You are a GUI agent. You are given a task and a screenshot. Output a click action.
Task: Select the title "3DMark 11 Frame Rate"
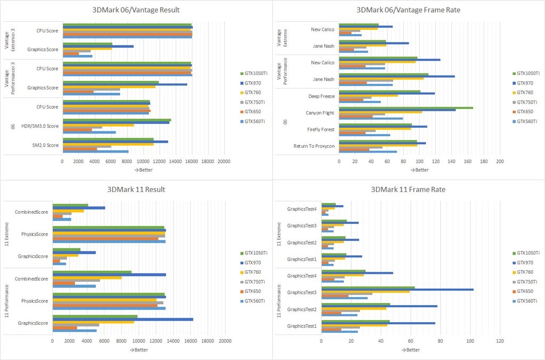408,189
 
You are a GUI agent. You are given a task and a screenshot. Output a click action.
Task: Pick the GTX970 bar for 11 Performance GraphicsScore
122,320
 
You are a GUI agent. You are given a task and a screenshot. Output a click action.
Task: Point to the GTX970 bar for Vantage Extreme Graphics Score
98,47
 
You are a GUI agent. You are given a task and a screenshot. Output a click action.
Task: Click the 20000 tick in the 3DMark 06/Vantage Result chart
224,162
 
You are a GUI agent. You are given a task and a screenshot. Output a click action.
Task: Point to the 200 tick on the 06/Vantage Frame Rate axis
500,162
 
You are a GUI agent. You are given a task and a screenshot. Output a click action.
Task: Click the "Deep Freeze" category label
321,96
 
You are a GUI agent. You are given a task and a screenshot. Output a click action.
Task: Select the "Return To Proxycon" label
314,146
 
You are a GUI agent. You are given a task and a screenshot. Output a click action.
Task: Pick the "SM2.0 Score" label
46,145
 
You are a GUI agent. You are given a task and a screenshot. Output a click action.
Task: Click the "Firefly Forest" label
321,129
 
